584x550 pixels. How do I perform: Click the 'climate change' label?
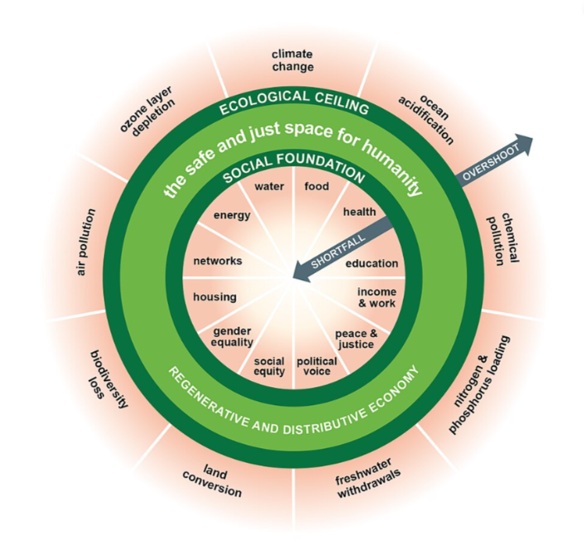point(293,61)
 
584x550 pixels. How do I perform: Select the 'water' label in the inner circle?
point(269,186)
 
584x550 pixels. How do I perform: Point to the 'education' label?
point(372,263)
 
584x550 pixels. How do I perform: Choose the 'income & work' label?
point(377,298)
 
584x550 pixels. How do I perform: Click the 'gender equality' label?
point(233,337)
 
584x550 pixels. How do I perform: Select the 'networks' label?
point(217,261)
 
